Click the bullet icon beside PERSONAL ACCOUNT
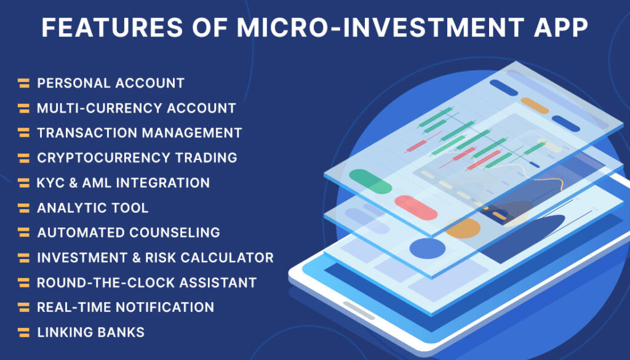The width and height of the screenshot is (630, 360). (23, 83)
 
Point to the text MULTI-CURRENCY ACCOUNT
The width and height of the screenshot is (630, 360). (136, 108)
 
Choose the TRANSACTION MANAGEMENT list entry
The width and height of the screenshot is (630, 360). (139, 133)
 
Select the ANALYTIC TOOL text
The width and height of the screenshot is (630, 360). (92, 208)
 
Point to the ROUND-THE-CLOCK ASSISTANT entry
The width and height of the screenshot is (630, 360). (146, 282)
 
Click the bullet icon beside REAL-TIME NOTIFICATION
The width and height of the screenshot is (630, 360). (23, 307)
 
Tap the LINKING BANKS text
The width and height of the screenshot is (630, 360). (90, 332)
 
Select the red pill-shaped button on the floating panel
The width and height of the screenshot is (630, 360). (416, 207)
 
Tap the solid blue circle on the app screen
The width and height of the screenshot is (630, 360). (427, 249)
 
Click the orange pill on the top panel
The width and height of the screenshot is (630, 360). (534, 105)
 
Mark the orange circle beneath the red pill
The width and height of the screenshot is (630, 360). (463, 229)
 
